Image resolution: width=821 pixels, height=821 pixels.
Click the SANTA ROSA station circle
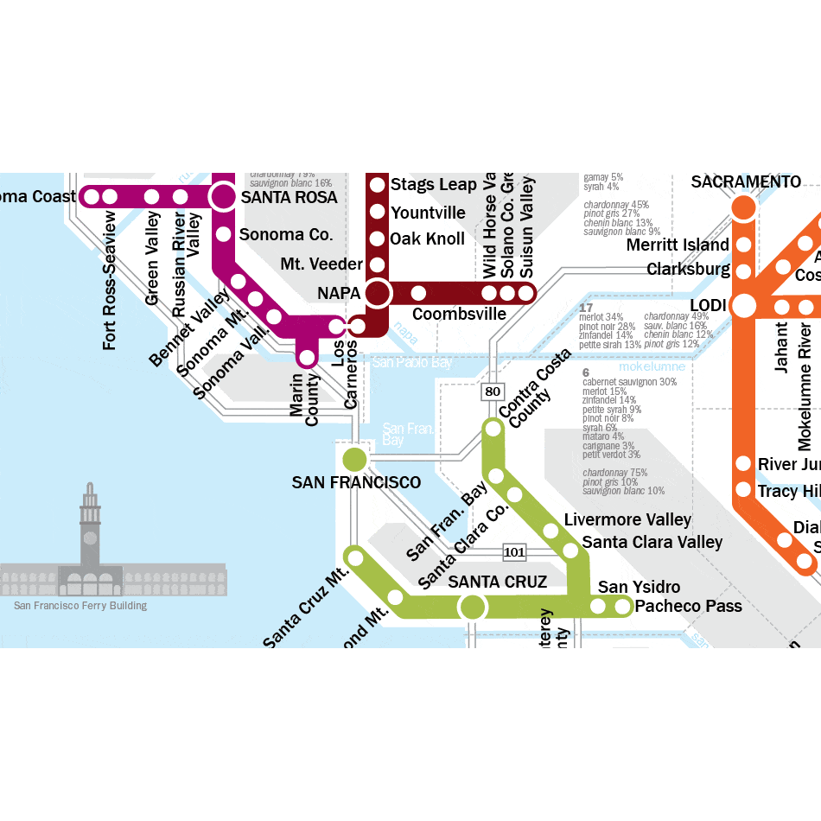(223, 196)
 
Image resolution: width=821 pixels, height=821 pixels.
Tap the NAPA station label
(338, 293)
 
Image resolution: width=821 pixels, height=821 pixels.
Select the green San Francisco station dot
(354, 458)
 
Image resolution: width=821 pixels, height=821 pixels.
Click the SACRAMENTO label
(746, 181)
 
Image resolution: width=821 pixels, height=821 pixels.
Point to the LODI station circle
(743, 306)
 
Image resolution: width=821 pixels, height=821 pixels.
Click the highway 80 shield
(492, 391)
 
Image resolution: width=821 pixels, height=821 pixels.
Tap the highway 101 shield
(514, 551)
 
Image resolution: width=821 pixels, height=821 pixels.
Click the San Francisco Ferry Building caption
(80, 606)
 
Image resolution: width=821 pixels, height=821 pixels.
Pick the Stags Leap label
(433, 184)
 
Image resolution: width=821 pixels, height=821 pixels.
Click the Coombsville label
(459, 314)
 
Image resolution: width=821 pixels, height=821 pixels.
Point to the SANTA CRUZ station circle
(472, 607)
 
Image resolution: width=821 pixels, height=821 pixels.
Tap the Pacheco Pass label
(688, 606)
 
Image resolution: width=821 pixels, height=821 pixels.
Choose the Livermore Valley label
(627, 519)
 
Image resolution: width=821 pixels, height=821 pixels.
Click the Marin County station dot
(306, 356)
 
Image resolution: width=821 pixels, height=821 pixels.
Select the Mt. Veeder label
(321, 264)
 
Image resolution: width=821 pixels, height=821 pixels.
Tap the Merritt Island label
(678, 245)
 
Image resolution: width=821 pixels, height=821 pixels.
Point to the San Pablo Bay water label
(412, 363)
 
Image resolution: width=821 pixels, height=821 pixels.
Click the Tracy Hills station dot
(743, 490)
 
